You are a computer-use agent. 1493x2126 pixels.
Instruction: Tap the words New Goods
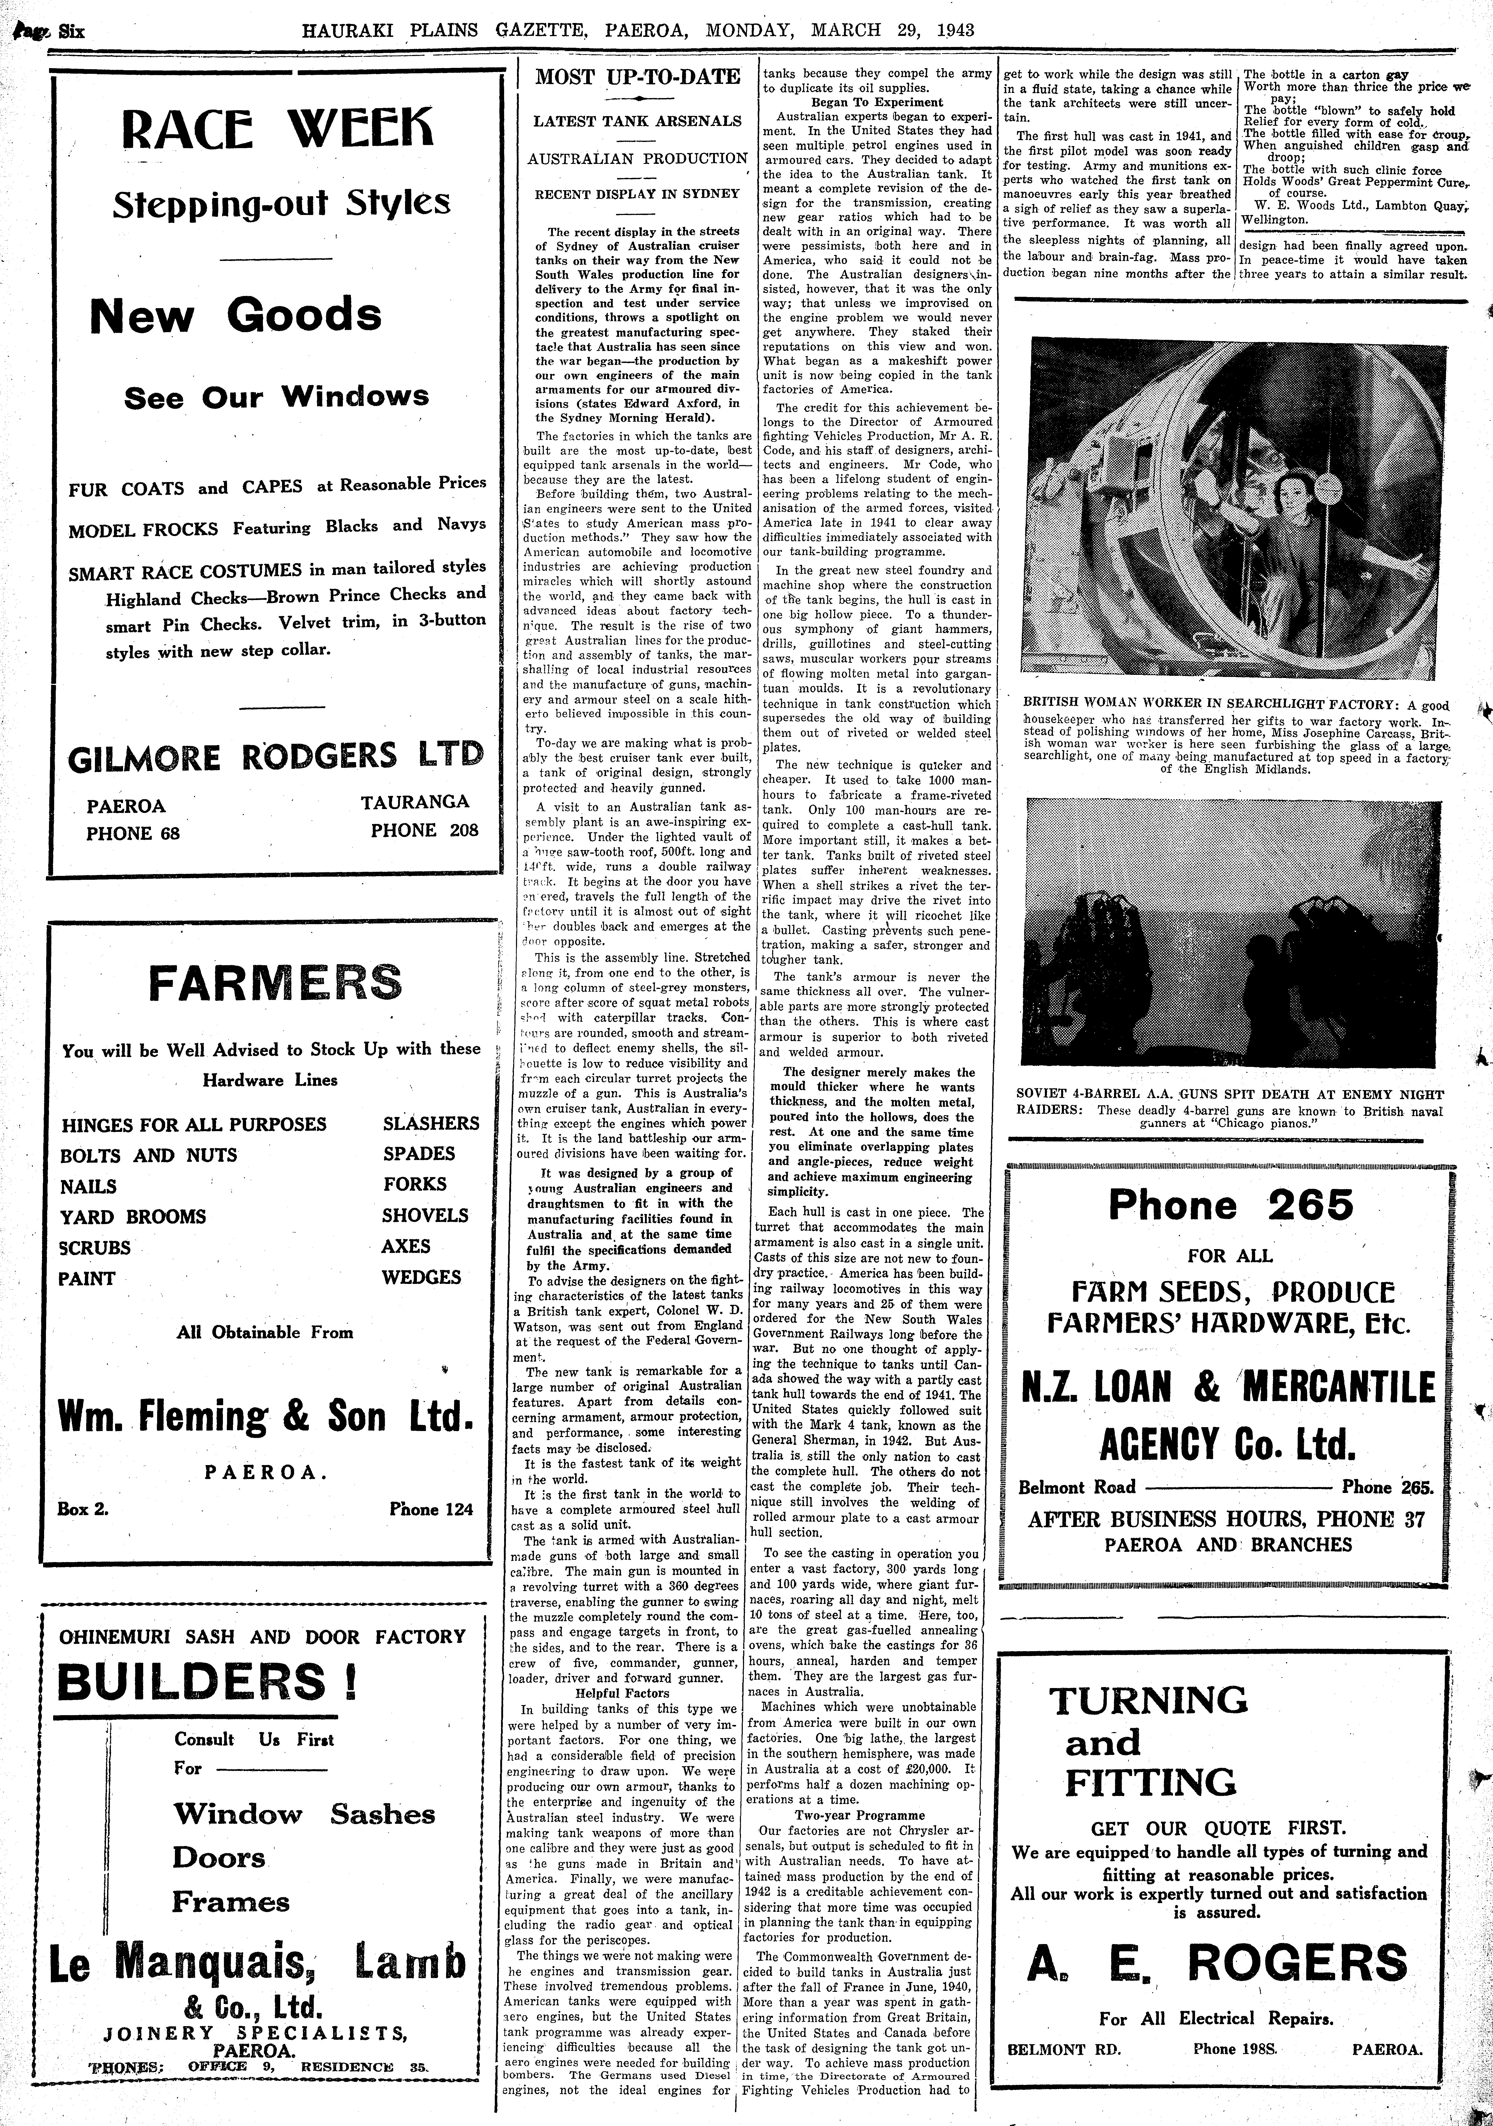(235, 316)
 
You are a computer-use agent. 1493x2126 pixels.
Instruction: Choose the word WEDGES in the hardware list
(421, 1277)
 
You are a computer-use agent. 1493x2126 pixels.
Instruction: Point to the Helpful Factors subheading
(621, 1693)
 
